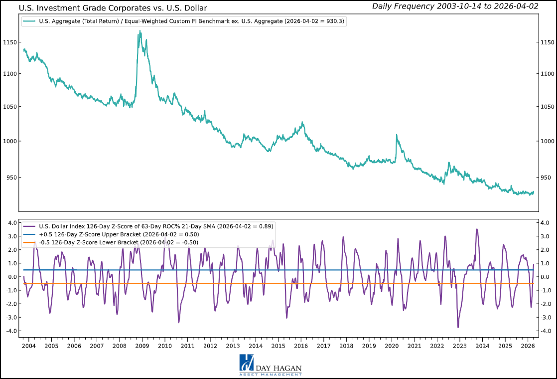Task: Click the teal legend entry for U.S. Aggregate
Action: click(185, 21)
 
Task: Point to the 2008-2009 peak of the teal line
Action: click(139, 31)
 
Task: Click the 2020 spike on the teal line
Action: click(397, 135)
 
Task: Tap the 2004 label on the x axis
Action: click(28, 346)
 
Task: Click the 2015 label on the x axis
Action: click(278, 346)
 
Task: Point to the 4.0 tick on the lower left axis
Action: click(12, 223)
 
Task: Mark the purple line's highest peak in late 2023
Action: click(477, 229)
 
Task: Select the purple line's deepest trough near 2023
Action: click(458, 327)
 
